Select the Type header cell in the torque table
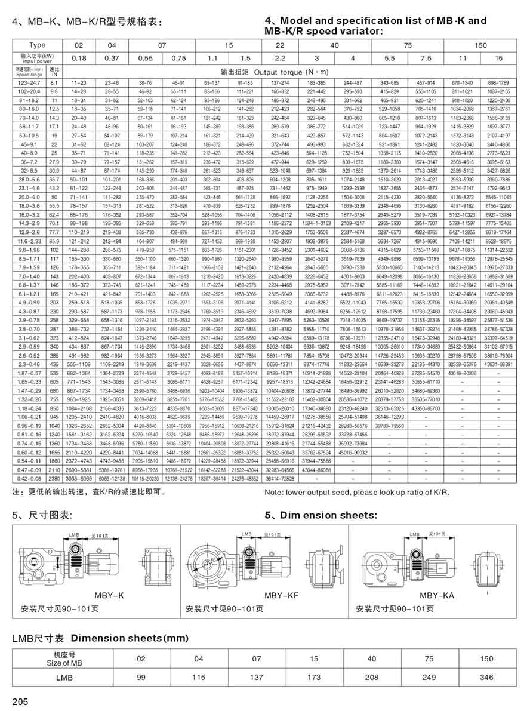pyautogui.click(x=37, y=45)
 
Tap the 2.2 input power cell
pyautogui.click(x=280, y=58)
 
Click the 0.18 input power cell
pyautogui.click(x=79, y=58)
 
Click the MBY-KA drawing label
pyautogui.click(x=436, y=595)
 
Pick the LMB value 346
pyautogui.click(x=487, y=678)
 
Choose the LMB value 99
pyautogui.click(x=141, y=678)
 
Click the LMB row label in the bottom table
pyautogui.click(x=64, y=678)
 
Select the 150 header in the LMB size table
pyautogui.click(x=487, y=659)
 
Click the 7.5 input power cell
pyautogui.click(x=426, y=58)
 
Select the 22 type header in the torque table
pyautogui.click(x=280, y=45)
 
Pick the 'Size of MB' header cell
pyautogui.click(x=64, y=659)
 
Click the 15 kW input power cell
pyautogui.click(x=499, y=58)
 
